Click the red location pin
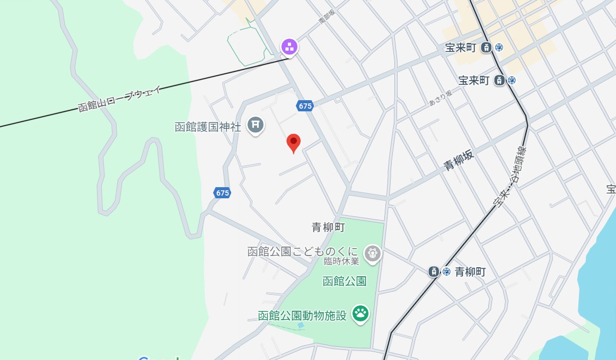click(294, 143)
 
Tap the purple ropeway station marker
click(289, 47)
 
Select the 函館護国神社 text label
click(208, 127)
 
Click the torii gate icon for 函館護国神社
click(256, 125)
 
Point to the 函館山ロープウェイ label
click(119, 99)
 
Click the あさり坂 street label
click(441, 98)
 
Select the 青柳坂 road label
click(459, 160)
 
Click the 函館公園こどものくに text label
click(303, 251)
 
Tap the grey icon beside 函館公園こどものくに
click(373, 253)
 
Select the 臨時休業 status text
click(342, 261)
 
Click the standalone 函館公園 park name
click(345, 281)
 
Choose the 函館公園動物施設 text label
click(302, 315)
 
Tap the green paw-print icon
click(361, 313)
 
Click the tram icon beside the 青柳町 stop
click(434, 271)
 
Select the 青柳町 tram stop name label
click(470, 271)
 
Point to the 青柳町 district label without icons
click(328, 227)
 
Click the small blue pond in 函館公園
click(301, 324)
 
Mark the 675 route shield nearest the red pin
click(305, 106)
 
